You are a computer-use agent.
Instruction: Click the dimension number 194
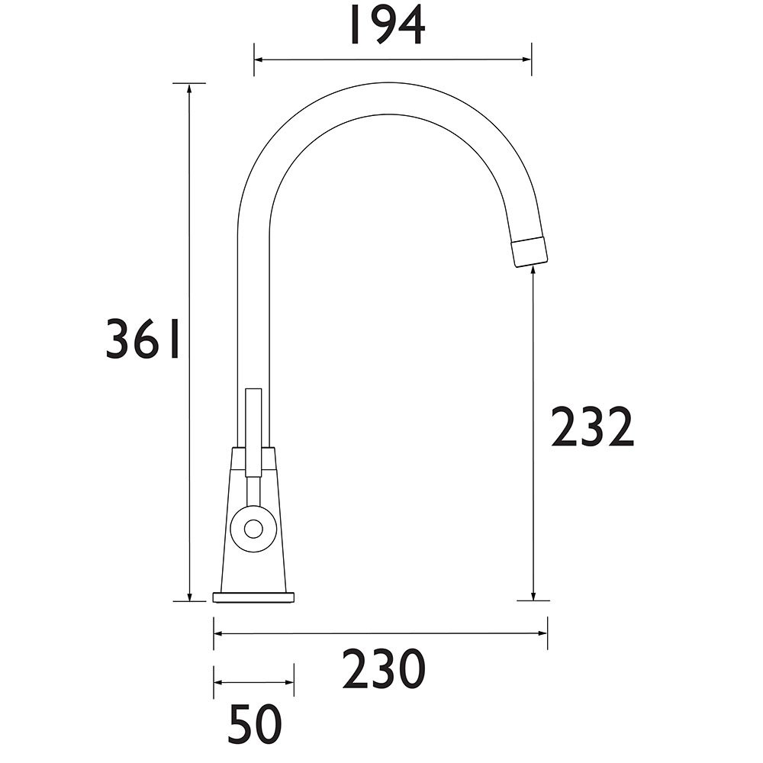(388, 24)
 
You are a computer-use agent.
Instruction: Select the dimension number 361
(143, 340)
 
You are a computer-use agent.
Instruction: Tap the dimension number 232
(592, 427)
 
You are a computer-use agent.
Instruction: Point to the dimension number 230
(384, 668)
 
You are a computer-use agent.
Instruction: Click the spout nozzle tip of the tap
(530, 252)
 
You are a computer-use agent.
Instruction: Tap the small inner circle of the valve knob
(253, 529)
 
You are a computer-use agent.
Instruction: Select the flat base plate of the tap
(253, 597)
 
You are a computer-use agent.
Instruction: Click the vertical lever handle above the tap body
(253, 432)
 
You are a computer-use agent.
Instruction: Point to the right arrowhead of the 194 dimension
(526, 60)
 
